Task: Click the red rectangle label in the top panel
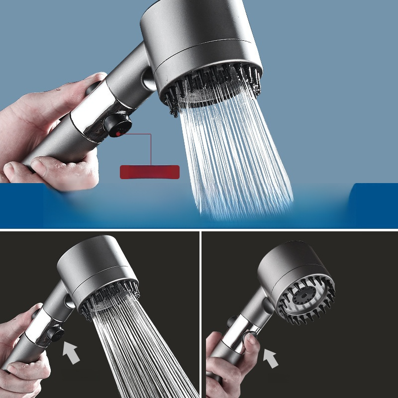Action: coord(149,172)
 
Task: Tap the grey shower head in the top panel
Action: coord(199,40)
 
